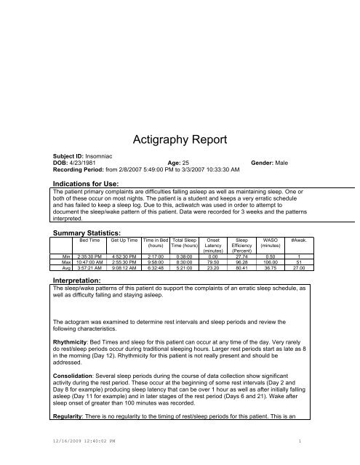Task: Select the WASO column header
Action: tap(270, 239)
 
